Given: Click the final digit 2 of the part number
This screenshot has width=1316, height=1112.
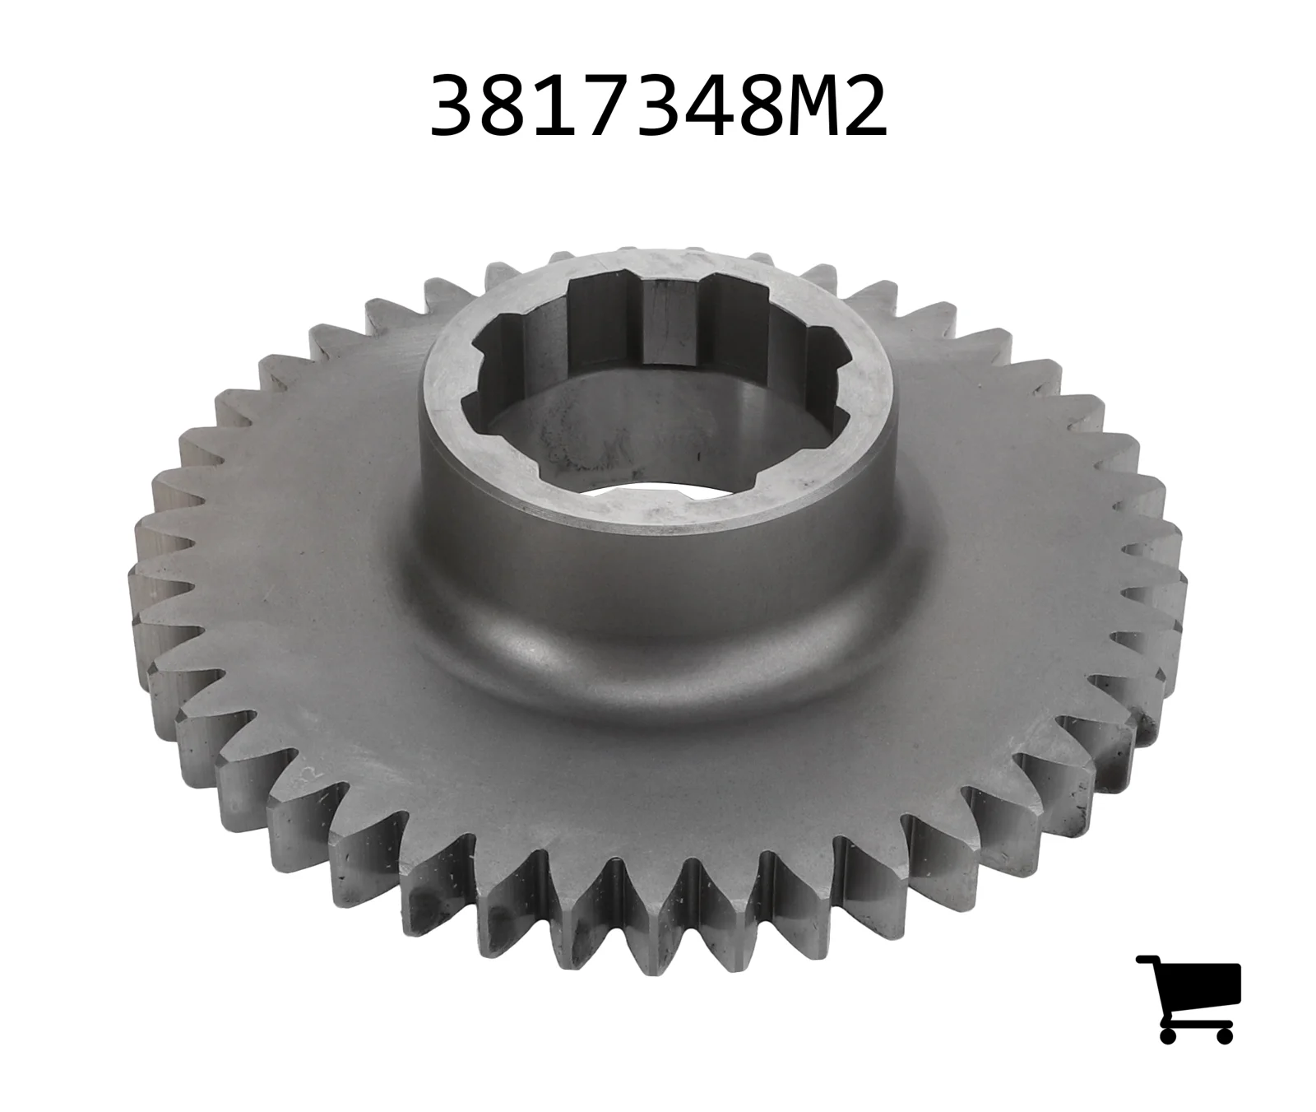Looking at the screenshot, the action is tap(864, 106).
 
